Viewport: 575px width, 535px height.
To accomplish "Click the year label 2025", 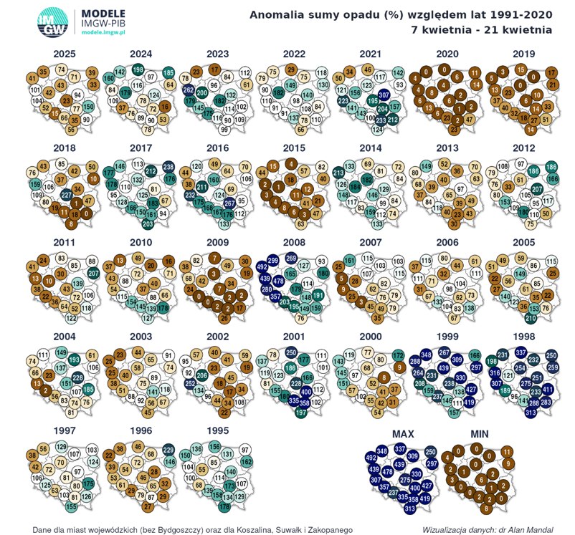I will (x=65, y=54).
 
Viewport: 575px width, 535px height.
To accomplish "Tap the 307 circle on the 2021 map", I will (x=384, y=95).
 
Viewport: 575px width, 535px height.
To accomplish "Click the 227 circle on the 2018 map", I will (x=65, y=194).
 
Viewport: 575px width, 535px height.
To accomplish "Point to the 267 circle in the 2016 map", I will (x=229, y=203).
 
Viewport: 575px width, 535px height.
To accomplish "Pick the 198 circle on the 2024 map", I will (x=138, y=69).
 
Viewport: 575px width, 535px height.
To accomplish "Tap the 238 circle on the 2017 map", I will (x=168, y=166).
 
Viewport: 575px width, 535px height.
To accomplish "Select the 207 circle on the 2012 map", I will (x=536, y=189).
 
